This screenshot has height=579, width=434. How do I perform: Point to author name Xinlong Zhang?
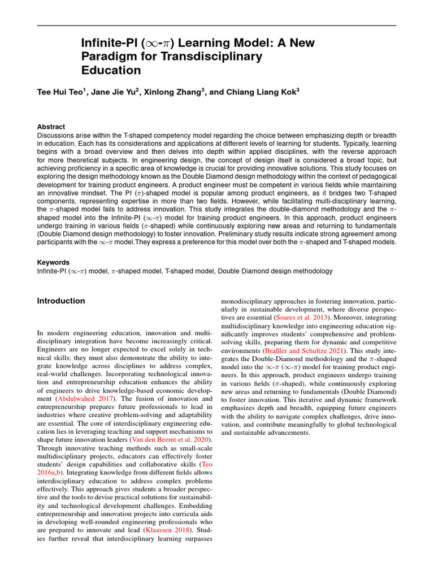click(x=173, y=92)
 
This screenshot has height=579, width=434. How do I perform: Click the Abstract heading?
click(x=51, y=127)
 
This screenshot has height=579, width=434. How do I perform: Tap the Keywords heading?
click(x=53, y=262)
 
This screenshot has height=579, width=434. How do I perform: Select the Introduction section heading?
click(x=61, y=301)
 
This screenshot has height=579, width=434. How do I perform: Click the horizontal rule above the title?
click(x=217, y=25)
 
